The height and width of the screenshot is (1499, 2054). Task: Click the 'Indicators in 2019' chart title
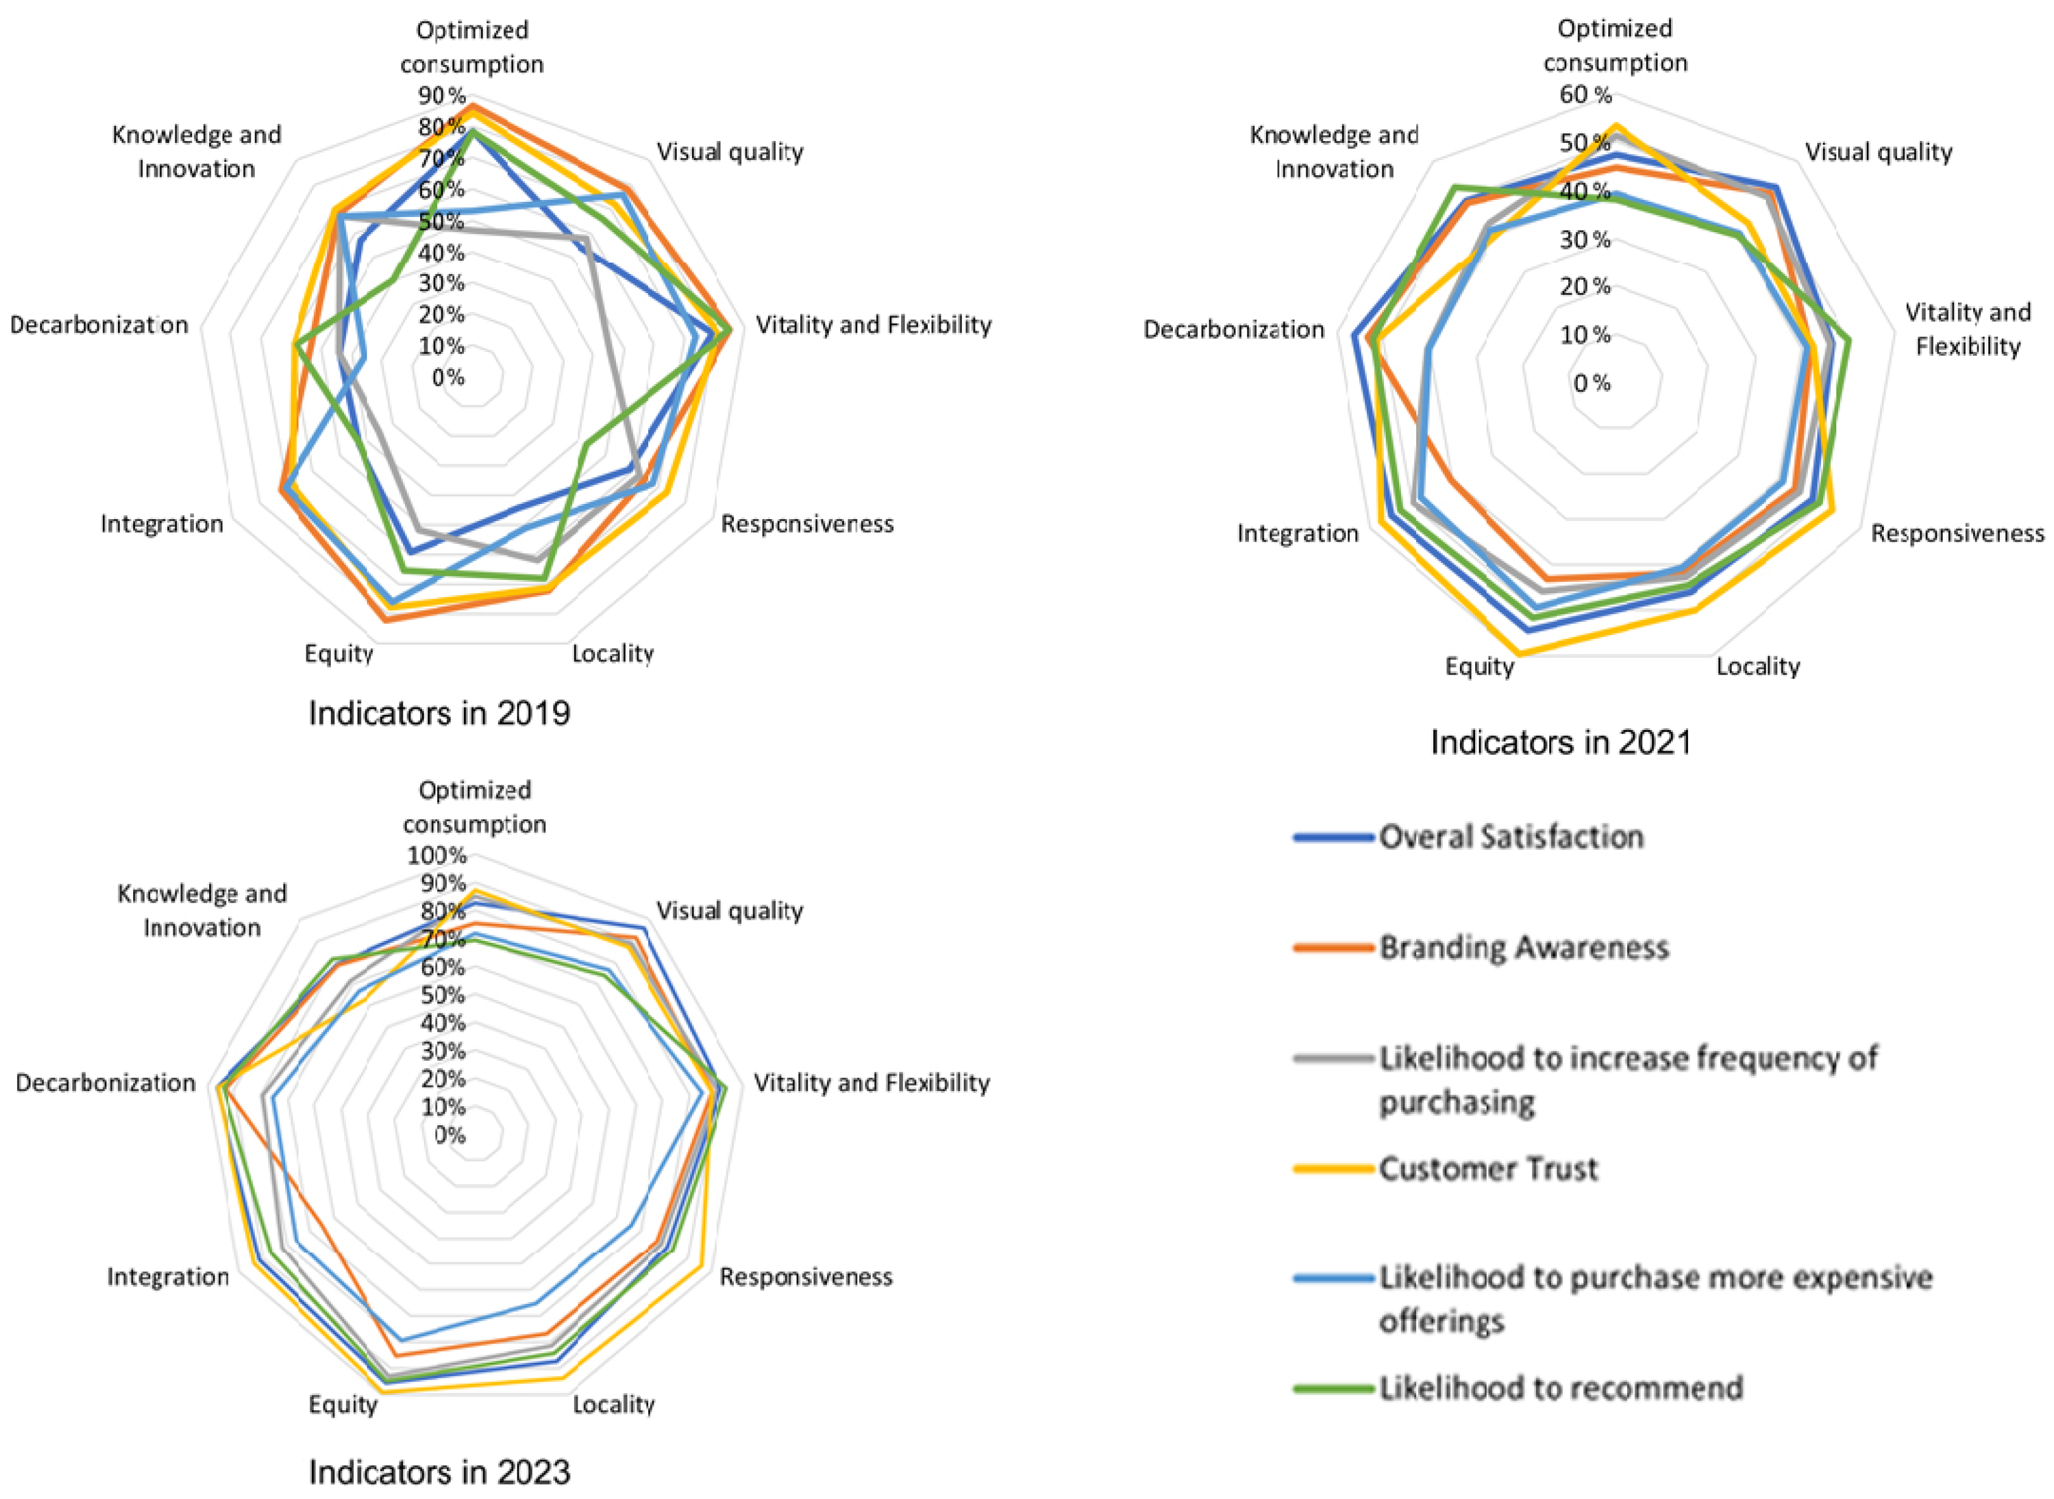(439, 713)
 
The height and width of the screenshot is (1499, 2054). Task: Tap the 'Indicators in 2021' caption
(1561, 742)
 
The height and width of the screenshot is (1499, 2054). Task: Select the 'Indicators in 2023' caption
(439, 1471)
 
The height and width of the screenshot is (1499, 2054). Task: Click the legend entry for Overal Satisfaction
(1510, 836)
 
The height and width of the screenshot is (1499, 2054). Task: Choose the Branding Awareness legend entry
(1523, 947)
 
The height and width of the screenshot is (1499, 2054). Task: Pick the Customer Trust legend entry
(1488, 1169)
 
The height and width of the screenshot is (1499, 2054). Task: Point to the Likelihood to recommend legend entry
(1560, 1388)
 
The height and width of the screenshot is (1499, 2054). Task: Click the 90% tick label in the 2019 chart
(442, 95)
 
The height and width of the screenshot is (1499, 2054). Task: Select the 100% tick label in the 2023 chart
(437, 855)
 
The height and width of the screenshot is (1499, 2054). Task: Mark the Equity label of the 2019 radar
(339, 653)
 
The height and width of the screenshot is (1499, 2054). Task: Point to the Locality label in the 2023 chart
(614, 1405)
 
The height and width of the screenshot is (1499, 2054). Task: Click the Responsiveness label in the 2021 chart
(1957, 534)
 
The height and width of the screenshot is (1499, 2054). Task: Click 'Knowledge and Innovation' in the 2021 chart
(1333, 151)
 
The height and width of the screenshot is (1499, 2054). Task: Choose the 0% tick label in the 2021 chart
(1592, 383)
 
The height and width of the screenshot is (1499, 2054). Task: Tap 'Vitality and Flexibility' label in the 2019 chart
(873, 325)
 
